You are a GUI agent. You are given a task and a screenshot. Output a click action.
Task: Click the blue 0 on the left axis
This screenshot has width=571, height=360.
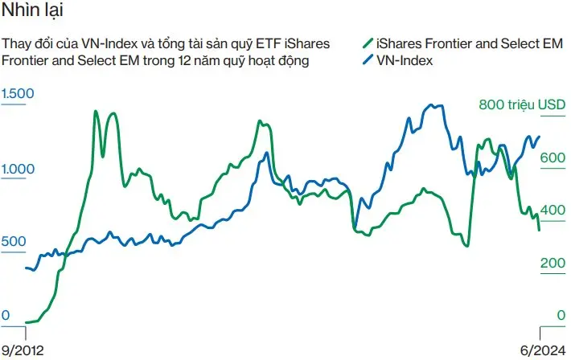(x=6, y=316)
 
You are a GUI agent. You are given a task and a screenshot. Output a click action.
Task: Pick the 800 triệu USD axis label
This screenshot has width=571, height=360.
(x=522, y=104)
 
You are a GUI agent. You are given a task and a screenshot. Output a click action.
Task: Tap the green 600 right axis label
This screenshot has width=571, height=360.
(x=553, y=158)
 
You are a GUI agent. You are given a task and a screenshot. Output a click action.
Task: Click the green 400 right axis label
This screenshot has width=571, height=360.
(x=553, y=211)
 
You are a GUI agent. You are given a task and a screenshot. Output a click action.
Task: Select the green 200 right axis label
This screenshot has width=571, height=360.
(x=553, y=263)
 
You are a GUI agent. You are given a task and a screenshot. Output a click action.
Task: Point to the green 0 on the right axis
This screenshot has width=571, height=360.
(x=561, y=316)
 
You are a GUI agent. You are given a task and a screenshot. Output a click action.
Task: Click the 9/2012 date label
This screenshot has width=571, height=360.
(x=22, y=350)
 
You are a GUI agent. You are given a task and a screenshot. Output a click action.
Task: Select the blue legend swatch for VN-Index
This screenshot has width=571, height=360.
(x=368, y=60)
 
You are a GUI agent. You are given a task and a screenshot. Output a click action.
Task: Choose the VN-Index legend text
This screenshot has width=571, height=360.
(x=405, y=60)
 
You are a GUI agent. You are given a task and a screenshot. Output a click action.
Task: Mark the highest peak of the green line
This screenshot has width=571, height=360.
(x=97, y=111)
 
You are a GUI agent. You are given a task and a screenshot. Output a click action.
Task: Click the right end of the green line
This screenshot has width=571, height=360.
(x=539, y=230)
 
